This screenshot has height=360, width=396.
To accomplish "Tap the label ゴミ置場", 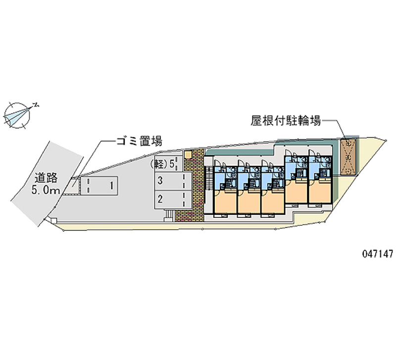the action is [x=139, y=142].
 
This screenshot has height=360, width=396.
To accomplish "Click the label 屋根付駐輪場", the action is [x=286, y=120].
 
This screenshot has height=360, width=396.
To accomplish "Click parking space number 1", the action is [x=112, y=186].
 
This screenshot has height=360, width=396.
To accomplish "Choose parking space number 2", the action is [x=160, y=199].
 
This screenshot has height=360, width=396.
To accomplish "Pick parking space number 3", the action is [x=160, y=181].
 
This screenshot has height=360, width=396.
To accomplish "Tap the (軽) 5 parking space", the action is [x=164, y=164].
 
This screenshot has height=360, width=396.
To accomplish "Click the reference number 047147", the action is [x=378, y=254].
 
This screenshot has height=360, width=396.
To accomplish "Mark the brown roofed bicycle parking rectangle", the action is [x=348, y=157].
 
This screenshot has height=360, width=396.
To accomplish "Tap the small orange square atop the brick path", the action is [x=188, y=155].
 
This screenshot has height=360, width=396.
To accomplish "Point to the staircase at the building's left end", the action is [x=208, y=178].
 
